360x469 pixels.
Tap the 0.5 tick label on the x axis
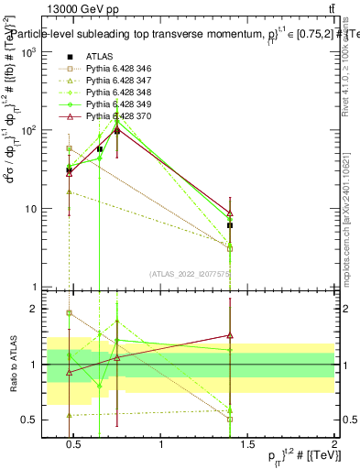tap(75, 446)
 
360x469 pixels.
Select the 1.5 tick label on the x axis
tap(248, 446)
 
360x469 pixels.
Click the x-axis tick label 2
tap(334, 446)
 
